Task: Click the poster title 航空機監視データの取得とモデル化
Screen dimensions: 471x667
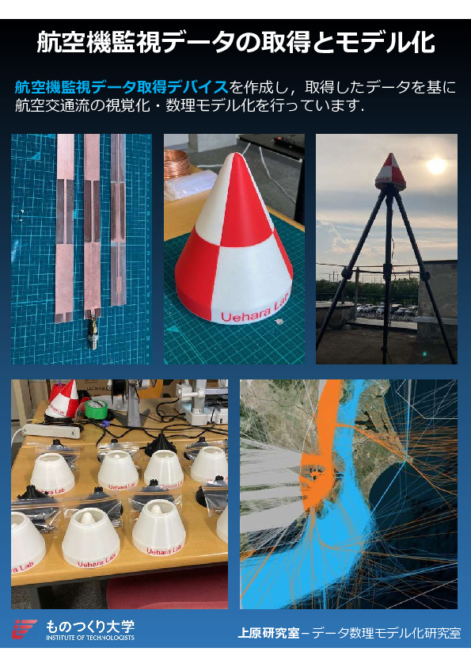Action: [x=236, y=42]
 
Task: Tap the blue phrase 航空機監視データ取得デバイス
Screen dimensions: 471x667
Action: [x=122, y=87]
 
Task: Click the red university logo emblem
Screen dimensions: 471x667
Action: [x=24, y=629]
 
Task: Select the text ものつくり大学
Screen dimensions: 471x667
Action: [x=90, y=626]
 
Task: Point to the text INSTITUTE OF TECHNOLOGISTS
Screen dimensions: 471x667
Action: [x=90, y=637]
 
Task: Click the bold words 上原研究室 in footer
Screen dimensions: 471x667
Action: [x=268, y=633]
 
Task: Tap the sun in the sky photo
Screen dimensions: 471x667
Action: [x=437, y=166]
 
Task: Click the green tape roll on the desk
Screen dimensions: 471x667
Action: [x=95, y=408]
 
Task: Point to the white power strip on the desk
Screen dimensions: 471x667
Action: [x=51, y=430]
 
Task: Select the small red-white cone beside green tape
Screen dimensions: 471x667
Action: [x=63, y=399]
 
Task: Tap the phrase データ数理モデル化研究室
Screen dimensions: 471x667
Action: [x=386, y=633]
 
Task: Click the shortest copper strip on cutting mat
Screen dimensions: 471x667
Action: [x=118, y=220]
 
